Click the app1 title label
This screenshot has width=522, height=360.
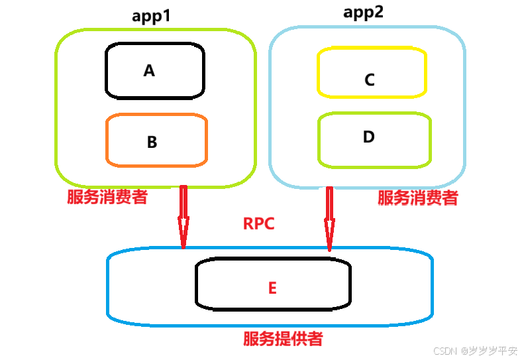click(x=151, y=16)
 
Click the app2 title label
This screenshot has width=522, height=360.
click(x=363, y=13)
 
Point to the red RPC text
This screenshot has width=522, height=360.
click(x=258, y=223)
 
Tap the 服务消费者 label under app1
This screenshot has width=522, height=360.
click(x=107, y=197)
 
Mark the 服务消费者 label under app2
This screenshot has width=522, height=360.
click(x=417, y=198)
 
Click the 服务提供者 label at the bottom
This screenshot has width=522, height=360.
click(x=283, y=339)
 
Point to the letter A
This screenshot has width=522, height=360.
click(x=149, y=71)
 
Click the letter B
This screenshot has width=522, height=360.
click(x=152, y=142)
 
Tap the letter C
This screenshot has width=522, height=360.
click(x=370, y=80)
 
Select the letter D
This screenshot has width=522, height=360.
click(x=369, y=137)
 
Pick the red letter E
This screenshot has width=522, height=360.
click(x=272, y=288)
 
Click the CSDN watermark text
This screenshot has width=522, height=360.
click(x=446, y=350)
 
